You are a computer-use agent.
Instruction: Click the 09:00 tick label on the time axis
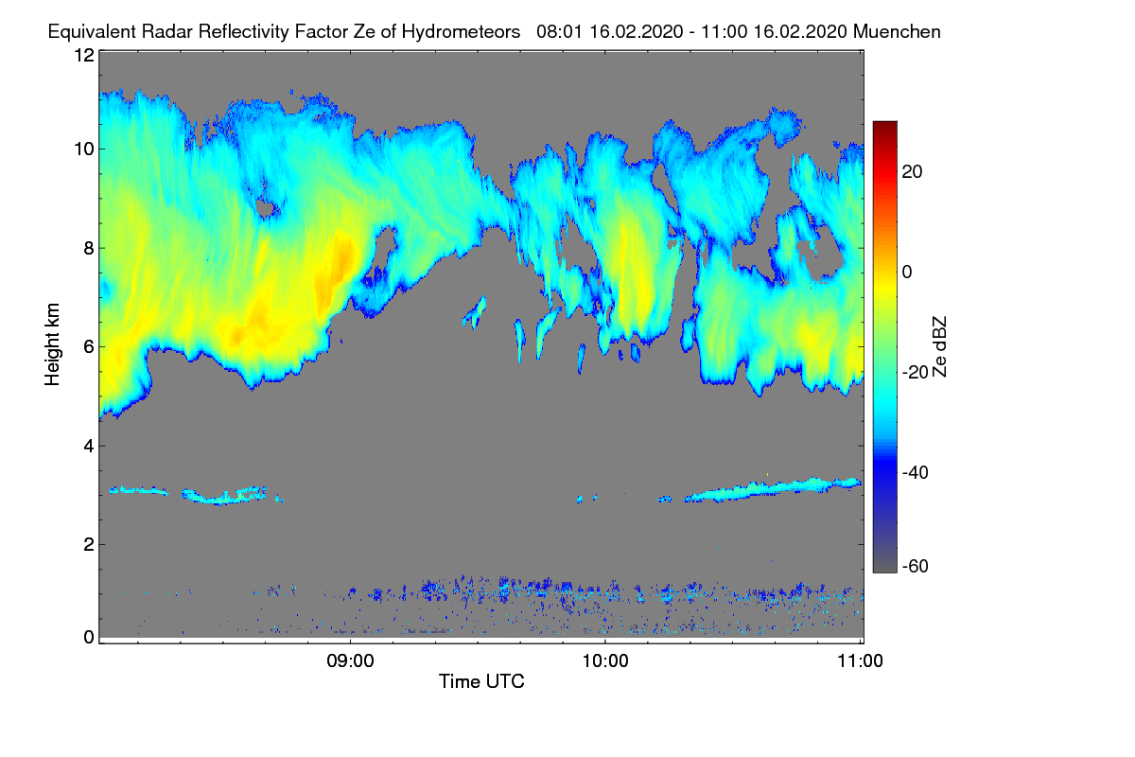point(350,661)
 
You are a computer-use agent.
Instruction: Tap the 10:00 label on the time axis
point(605,661)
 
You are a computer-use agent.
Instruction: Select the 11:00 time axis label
point(860,661)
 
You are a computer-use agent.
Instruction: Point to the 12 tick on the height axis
point(84,55)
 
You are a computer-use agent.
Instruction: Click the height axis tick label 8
point(89,249)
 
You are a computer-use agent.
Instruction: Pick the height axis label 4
point(89,447)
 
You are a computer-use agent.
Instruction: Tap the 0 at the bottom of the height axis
point(89,638)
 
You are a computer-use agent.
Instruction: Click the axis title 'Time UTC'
point(481,681)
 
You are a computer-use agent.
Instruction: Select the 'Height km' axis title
point(52,344)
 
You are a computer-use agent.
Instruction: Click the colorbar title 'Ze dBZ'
point(939,347)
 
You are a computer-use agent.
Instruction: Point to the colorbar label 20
point(912,172)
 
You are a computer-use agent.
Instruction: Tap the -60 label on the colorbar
point(916,567)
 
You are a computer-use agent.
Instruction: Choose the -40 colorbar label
point(916,472)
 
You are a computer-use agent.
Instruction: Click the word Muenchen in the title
point(897,32)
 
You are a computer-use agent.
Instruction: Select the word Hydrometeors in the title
point(461,32)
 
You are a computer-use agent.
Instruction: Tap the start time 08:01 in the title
point(560,32)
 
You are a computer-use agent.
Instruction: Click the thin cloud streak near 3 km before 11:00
point(773,489)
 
